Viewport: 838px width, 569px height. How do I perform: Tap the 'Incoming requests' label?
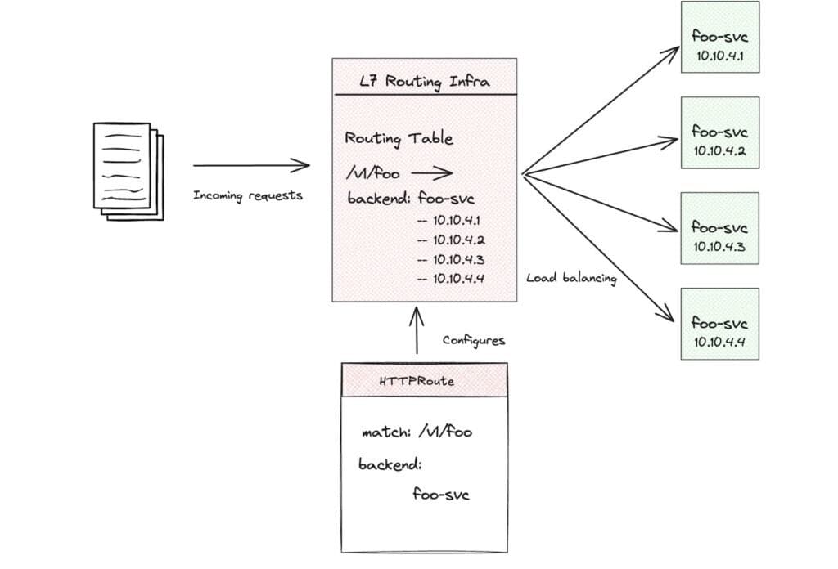pyautogui.click(x=248, y=195)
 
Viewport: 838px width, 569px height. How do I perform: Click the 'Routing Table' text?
pyautogui.click(x=399, y=139)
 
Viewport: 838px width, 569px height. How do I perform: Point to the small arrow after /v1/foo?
pyautogui.click(x=431, y=173)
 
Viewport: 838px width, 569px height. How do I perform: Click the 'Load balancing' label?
pyautogui.click(x=572, y=278)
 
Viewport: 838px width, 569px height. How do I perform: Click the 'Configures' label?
pyautogui.click(x=474, y=340)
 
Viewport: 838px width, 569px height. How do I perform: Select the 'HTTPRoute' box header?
pyautogui.click(x=424, y=382)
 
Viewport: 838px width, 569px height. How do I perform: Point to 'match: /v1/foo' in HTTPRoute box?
pyautogui.click(x=417, y=432)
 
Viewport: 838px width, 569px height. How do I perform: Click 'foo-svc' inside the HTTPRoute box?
pyautogui.click(x=441, y=495)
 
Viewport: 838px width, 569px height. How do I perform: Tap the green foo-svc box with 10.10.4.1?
pyautogui.click(x=719, y=37)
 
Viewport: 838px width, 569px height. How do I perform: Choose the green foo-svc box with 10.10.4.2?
pyautogui.click(x=719, y=132)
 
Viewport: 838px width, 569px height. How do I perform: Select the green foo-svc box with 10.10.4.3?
pyautogui.click(x=719, y=228)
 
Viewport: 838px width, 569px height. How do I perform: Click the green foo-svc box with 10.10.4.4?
pyautogui.click(x=719, y=324)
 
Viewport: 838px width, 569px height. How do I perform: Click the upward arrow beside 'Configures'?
pyautogui.click(x=417, y=330)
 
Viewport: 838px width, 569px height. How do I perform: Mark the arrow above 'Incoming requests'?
pyautogui.click(x=251, y=166)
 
